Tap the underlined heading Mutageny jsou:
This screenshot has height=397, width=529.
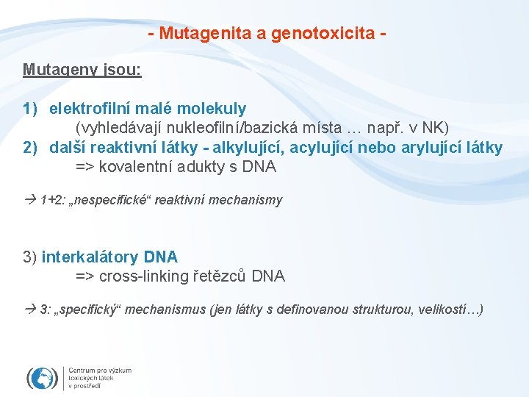82,70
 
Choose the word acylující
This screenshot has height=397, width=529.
323,148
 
